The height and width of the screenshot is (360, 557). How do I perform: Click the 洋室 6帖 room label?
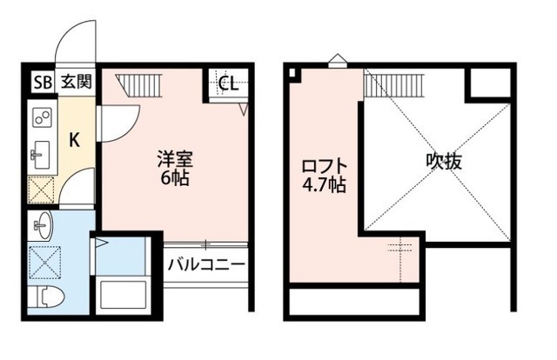[x=174, y=170]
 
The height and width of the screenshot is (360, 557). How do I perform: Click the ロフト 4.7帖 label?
[x=325, y=174]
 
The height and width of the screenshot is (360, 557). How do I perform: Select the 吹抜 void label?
[x=442, y=161]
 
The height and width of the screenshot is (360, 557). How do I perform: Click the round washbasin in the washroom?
[x=41, y=228]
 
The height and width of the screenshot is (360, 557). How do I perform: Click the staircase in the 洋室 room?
[x=136, y=84]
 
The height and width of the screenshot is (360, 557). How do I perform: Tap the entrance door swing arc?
[x=75, y=43]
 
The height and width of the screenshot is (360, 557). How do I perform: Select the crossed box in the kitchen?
[x=42, y=189]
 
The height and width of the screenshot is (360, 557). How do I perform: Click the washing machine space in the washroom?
[x=42, y=262]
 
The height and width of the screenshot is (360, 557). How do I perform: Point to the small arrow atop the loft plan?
[x=338, y=61]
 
